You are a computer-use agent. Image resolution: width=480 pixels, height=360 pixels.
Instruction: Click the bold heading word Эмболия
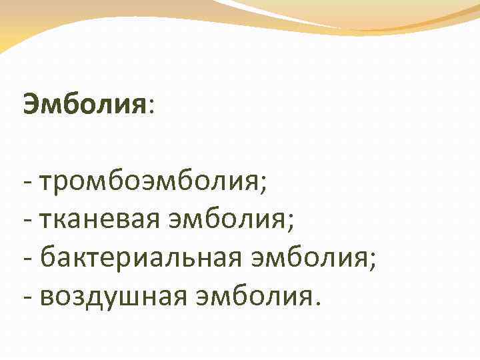84,104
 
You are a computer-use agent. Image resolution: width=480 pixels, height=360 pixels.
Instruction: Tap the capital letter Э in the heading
31,104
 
